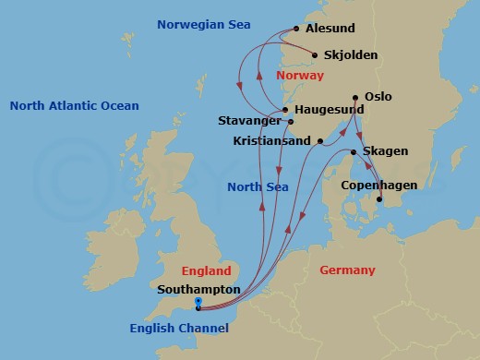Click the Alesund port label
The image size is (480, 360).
(330, 30)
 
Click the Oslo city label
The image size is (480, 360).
(379, 95)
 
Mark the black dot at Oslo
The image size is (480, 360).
(356, 97)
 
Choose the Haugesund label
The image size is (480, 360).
(329, 109)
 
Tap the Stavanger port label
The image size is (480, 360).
(249, 121)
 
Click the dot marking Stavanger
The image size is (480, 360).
(291, 121)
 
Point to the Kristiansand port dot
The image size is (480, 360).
(319, 141)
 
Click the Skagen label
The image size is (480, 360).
(386, 150)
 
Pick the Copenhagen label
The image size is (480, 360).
(378, 186)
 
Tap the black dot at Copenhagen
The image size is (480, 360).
(379, 198)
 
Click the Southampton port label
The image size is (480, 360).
(198, 289)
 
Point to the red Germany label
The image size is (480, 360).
(347, 270)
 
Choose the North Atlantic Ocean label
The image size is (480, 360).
(74, 106)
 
